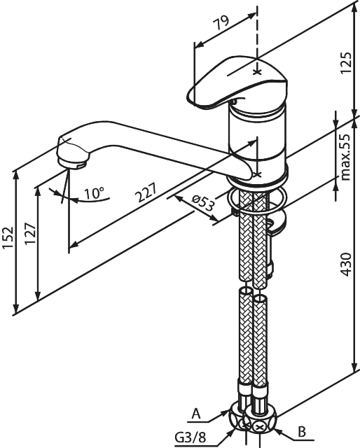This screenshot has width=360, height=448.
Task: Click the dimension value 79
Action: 222,23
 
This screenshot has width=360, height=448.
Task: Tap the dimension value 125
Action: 346,62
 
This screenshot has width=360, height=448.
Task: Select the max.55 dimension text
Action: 345,157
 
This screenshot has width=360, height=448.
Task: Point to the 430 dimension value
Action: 346,265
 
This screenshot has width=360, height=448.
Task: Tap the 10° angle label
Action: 95,193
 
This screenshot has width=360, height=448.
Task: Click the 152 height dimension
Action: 8,238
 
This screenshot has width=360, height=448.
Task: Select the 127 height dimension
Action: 30,233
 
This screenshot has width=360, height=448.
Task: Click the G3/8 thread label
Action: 191,437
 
